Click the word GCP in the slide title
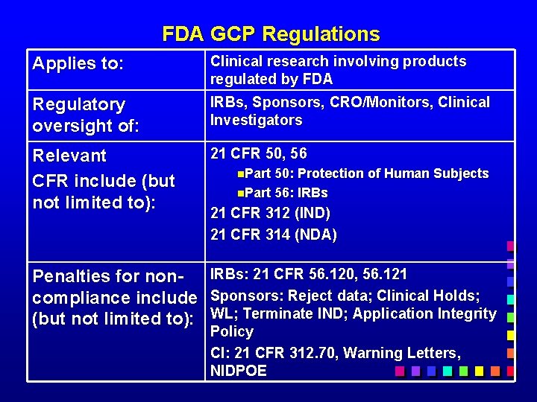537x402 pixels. [233, 34]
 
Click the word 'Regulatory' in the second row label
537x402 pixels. [78, 104]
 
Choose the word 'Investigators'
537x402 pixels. [256, 120]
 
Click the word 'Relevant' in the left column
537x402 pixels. [69, 156]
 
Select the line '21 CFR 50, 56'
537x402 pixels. [258, 153]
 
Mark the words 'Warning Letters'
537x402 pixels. [409, 353]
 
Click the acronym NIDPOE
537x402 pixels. [238, 371]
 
